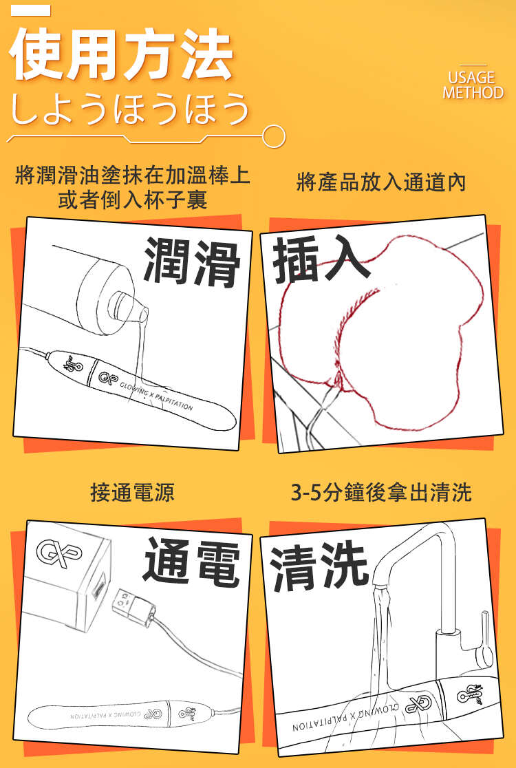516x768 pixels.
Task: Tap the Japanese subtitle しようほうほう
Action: click(130, 108)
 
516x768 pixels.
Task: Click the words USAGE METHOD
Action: click(473, 85)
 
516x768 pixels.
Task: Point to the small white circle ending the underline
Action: click(274, 136)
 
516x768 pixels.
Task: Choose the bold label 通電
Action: click(192, 562)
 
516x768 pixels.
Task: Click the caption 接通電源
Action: click(133, 492)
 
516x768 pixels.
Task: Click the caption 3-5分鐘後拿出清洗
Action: click(381, 492)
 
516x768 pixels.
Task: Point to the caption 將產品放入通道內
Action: click(381, 182)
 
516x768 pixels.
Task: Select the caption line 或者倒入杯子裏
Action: click(133, 200)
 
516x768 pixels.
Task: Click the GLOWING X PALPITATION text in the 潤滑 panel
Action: click(155, 397)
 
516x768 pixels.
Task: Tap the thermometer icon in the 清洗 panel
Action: click(469, 694)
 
